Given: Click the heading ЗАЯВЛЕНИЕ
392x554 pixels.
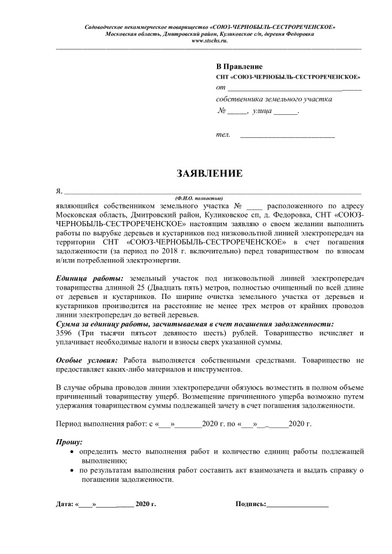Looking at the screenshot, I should [x=209, y=173].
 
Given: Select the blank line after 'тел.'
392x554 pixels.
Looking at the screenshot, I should [x=287, y=136].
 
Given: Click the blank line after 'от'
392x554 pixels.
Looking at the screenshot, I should [x=294, y=89].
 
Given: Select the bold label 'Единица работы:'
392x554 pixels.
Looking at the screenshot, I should [x=89, y=279].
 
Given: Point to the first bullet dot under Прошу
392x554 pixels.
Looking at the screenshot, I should [x=72, y=452].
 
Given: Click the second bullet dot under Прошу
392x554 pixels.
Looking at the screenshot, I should [x=72, y=471].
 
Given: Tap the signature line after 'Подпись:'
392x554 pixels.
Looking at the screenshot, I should [x=297, y=505].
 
